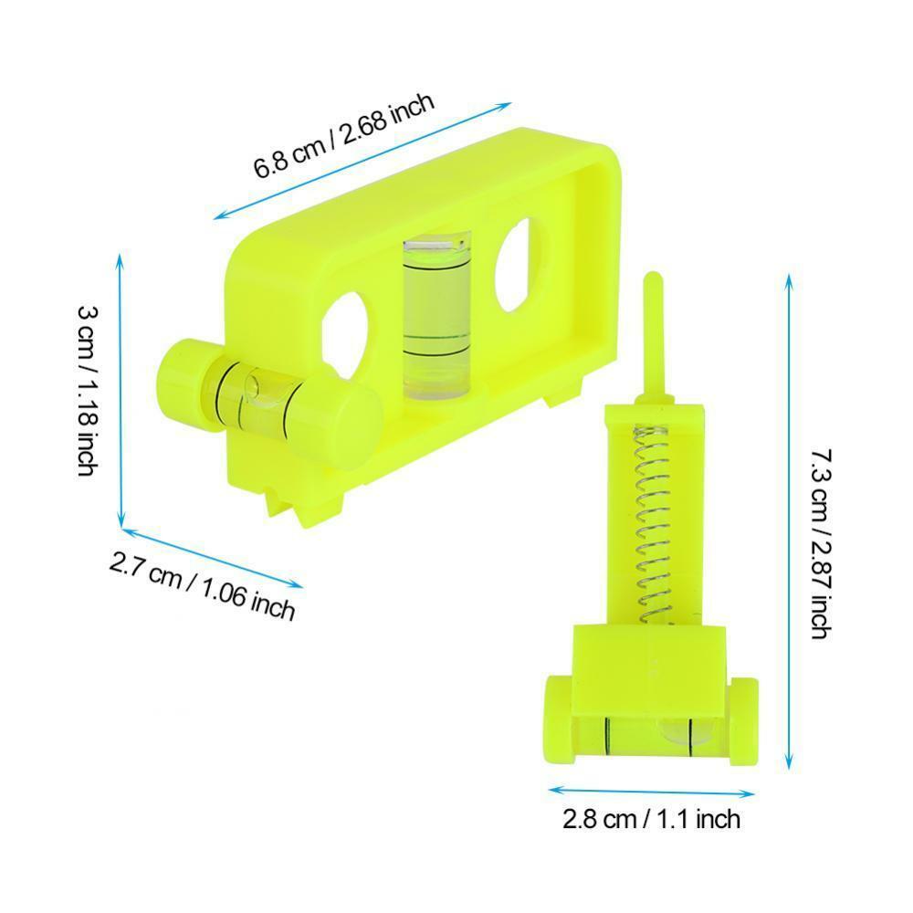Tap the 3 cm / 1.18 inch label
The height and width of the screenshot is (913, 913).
(88, 391)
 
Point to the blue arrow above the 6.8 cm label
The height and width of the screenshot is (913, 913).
(362, 161)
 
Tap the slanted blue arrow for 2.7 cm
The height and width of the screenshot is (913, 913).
(211, 558)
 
